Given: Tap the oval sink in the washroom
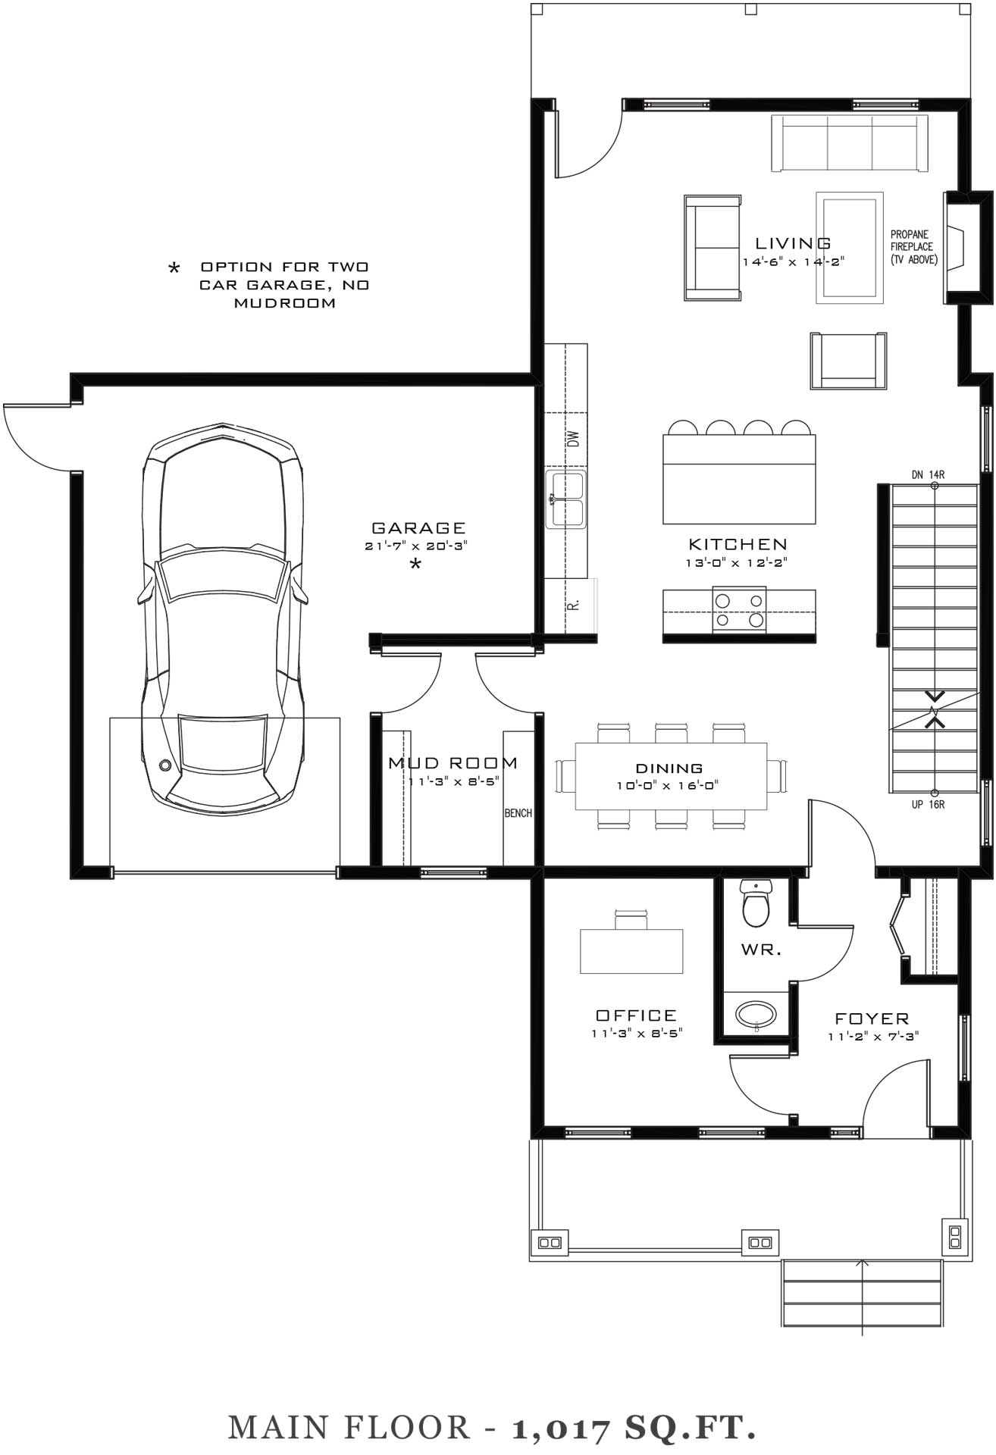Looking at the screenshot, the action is (756, 1014).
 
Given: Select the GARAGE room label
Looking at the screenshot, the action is (418, 528).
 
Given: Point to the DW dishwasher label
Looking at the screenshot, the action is (573, 439).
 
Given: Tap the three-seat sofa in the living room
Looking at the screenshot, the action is (849, 144).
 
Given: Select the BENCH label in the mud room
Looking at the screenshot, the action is (518, 813).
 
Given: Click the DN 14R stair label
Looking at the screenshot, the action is (928, 475).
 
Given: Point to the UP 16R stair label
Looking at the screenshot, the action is (928, 805).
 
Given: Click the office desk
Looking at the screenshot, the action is (631, 950).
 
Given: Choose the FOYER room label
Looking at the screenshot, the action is (872, 1019).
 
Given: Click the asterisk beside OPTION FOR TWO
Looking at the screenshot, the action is (174, 268).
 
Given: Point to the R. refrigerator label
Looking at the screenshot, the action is (574, 604).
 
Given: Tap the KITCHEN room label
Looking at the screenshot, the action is (738, 544).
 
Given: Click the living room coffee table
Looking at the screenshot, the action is (850, 248).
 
